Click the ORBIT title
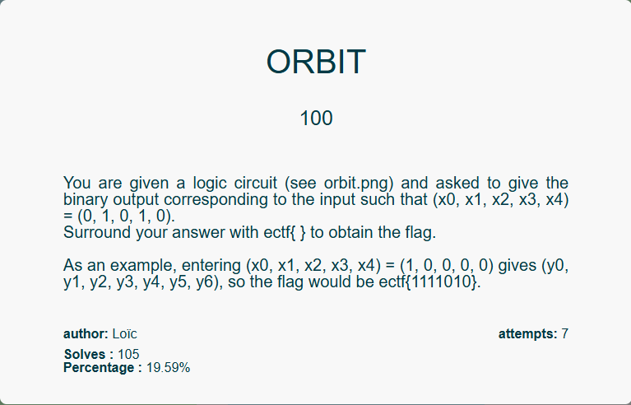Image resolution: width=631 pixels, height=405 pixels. [316, 62]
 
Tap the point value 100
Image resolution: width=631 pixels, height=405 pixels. [316, 119]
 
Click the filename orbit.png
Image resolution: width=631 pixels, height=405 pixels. [353, 184]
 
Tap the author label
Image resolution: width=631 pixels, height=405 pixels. [86, 333]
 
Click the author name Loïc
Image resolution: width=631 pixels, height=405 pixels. [125, 333]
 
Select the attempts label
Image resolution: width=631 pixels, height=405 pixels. [528, 334]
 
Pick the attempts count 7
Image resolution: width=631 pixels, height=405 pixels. [565, 333]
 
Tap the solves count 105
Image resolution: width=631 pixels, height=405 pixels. [128, 354]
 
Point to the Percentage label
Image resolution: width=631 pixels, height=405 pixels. [103, 368]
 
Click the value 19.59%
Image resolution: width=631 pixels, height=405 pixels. [168, 368]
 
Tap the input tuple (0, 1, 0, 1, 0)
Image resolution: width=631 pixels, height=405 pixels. [126, 216]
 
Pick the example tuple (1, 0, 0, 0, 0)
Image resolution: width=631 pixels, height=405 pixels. [447, 266]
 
